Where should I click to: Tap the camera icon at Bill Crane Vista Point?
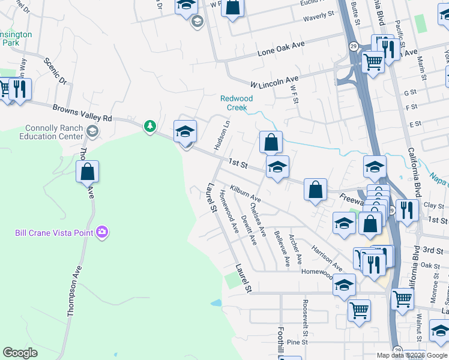[x=102, y=232]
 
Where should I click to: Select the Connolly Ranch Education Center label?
[x=54, y=132]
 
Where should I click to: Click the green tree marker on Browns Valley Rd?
[x=149, y=126]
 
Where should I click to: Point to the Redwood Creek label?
[x=237, y=103]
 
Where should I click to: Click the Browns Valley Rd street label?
[x=82, y=113]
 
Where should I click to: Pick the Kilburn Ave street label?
[x=245, y=193]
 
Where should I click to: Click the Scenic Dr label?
[x=55, y=71]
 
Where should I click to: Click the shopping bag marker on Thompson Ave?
[x=88, y=172]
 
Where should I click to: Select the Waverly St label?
[x=318, y=17]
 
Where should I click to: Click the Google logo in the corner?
[x=20, y=353]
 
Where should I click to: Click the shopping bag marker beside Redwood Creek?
[x=271, y=143]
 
